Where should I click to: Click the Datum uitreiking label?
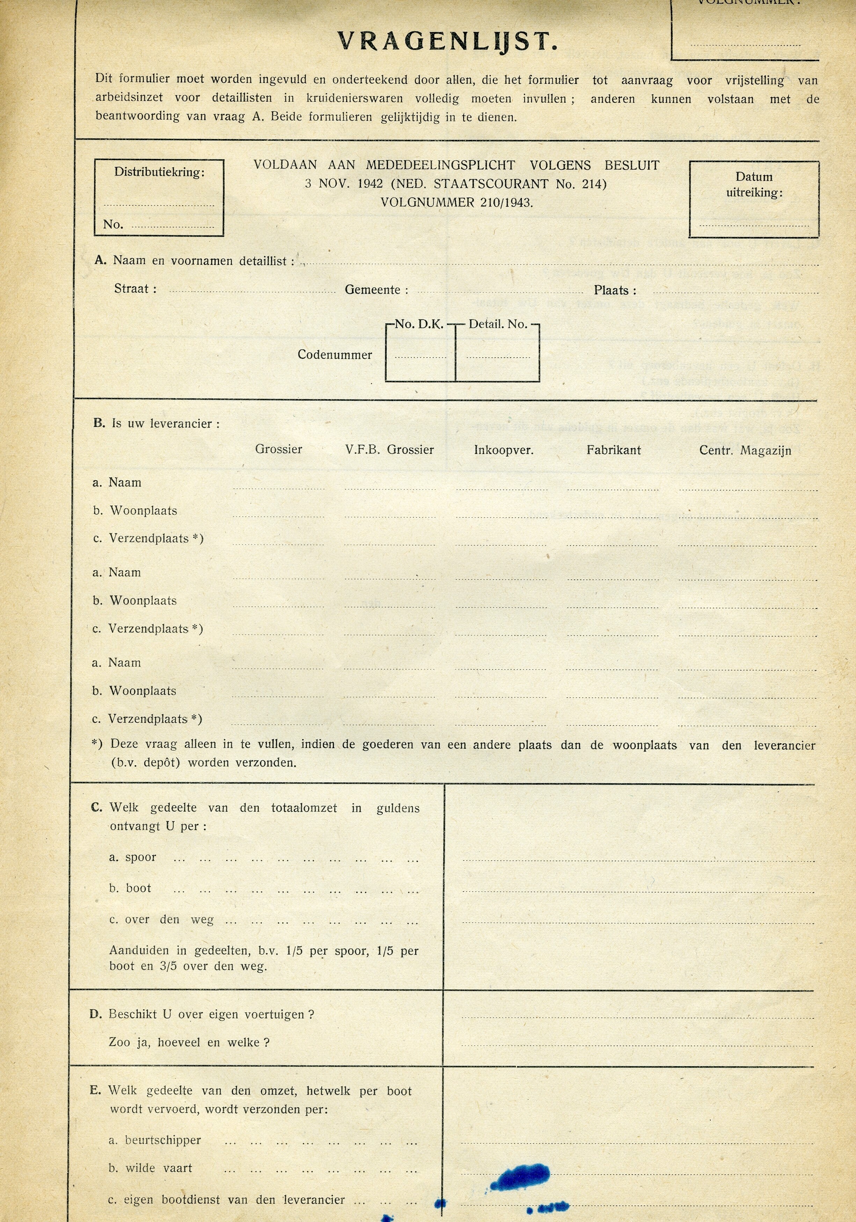[x=754, y=185]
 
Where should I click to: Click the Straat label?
[x=135, y=289]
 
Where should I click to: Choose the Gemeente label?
[x=376, y=290]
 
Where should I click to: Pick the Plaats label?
[x=615, y=291]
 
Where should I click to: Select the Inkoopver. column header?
[x=504, y=450]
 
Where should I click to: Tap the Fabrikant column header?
[x=614, y=450]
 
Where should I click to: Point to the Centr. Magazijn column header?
[x=745, y=451]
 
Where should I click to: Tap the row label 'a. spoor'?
[x=133, y=857]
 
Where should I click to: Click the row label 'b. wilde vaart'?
[x=150, y=1168]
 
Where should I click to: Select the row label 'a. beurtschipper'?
[x=154, y=1140]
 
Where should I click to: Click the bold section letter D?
[x=95, y=1015]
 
